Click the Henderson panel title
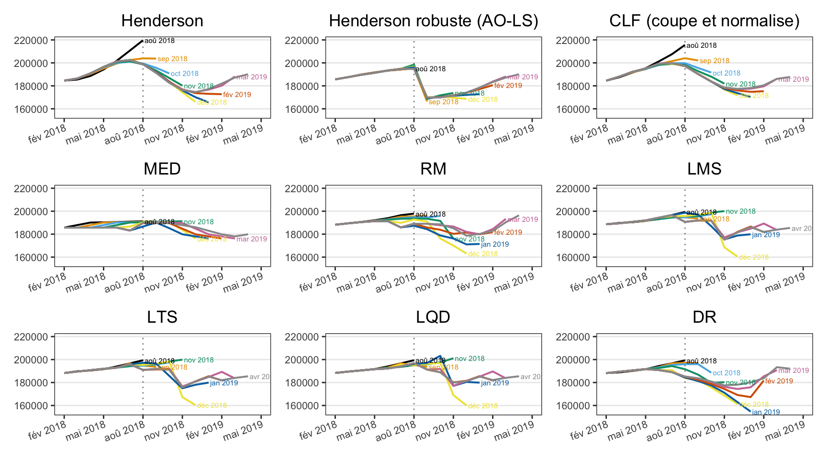point(162,21)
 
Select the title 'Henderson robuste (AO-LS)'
point(433,21)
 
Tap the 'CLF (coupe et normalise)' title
point(704,21)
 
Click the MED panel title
point(162,169)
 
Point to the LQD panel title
point(433,317)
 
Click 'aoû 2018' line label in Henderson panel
point(159,41)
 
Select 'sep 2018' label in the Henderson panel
point(172,59)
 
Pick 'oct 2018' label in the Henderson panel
point(184,74)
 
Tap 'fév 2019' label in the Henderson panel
point(237,95)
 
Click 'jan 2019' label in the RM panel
point(495,245)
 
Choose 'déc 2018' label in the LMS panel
point(754,257)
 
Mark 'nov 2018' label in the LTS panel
point(199,361)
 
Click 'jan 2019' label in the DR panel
point(766,412)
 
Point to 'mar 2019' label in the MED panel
point(251,239)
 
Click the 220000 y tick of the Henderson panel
point(31,41)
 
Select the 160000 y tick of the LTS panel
point(31,406)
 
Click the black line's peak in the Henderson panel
point(143,41)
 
